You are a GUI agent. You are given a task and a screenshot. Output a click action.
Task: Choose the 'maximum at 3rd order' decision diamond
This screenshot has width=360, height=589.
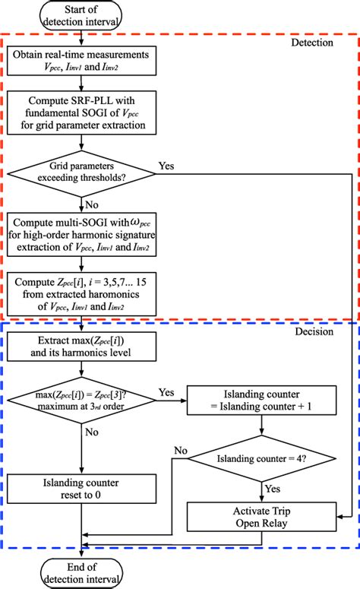(x=80, y=398)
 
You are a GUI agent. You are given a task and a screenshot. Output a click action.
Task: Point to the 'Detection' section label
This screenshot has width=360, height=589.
(x=311, y=43)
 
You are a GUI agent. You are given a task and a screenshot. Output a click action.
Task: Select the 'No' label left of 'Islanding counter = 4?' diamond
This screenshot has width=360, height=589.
(x=180, y=450)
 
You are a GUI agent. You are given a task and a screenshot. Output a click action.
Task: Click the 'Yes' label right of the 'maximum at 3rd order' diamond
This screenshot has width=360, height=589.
(x=166, y=393)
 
